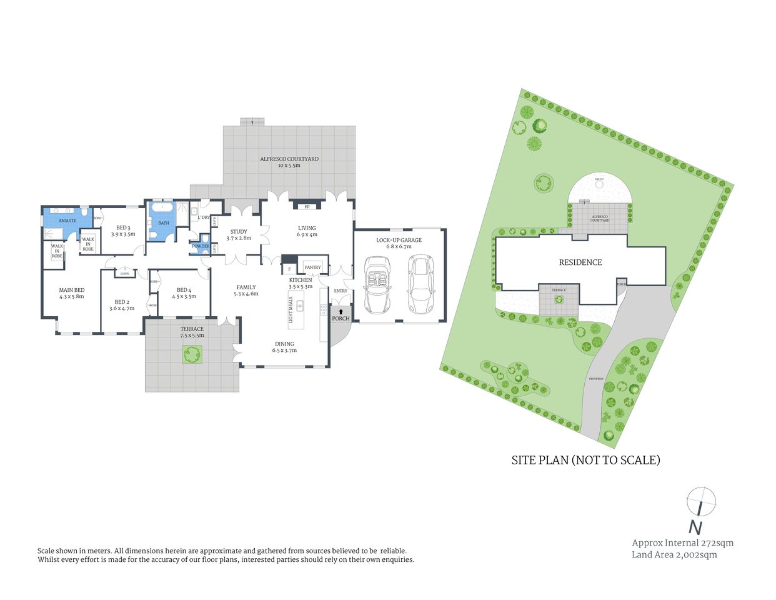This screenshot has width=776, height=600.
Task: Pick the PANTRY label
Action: pyautogui.click(x=312, y=267)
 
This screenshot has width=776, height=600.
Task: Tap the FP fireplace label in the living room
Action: pyautogui.click(x=307, y=207)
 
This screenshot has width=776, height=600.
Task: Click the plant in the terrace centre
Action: pyautogui.click(x=192, y=355)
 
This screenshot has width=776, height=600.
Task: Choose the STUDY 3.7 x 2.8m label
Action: pyautogui.click(x=239, y=234)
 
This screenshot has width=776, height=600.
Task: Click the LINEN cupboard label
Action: pyautogui.click(x=125, y=273)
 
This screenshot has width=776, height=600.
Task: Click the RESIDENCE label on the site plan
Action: pyautogui.click(x=580, y=262)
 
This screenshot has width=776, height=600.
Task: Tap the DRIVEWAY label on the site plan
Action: pyautogui.click(x=595, y=379)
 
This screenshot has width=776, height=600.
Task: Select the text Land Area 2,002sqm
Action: pyautogui.click(x=674, y=554)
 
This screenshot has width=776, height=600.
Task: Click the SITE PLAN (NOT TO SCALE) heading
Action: pyautogui.click(x=585, y=460)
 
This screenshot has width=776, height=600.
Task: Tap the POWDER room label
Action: pyautogui.click(x=201, y=246)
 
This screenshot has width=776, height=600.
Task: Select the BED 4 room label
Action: pyautogui.click(x=184, y=292)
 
